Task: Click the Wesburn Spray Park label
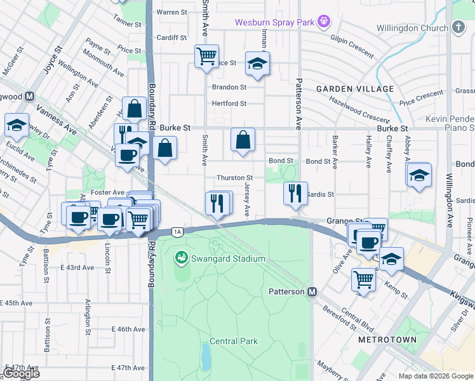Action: tap(274, 22)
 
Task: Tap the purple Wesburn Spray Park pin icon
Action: tap(324, 22)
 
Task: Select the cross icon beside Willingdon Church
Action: tap(458, 28)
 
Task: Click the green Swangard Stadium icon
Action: tap(182, 257)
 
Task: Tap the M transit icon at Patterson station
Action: tap(312, 292)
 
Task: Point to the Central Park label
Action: tap(234, 341)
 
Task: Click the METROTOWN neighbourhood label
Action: tap(387, 340)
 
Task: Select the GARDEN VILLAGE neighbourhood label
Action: tap(355, 89)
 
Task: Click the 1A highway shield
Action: tap(177, 232)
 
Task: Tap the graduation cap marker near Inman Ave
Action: tap(257, 64)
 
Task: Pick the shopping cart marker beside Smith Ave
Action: tap(206, 56)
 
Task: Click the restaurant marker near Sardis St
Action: tap(295, 194)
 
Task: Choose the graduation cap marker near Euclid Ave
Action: tap(17, 125)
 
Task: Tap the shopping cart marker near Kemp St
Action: tap(364, 279)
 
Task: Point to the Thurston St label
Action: tap(235, 178)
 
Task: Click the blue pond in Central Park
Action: tap(205, 356)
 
